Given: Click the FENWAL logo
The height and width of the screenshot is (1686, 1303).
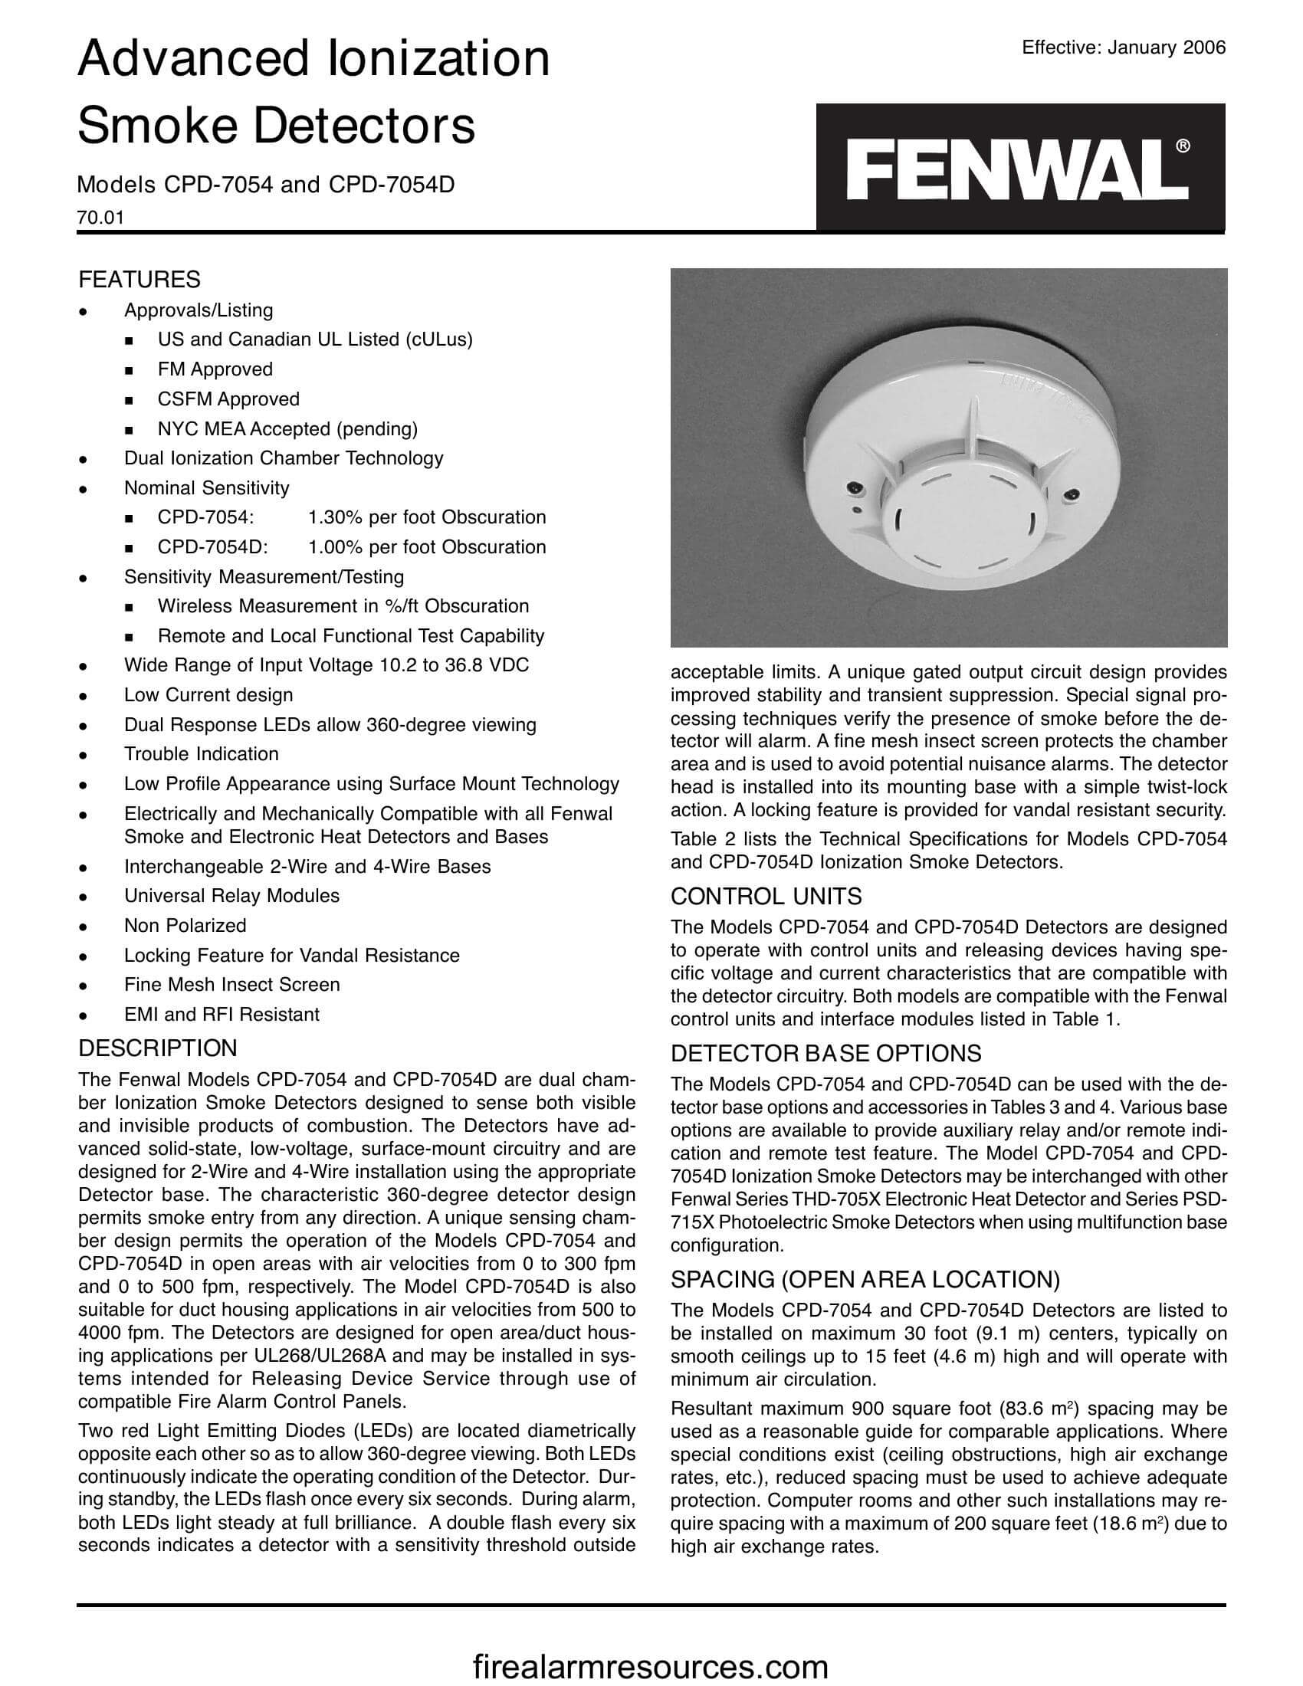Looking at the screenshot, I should tap(1019, 169).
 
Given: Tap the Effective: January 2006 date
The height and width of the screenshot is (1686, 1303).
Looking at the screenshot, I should tap(1123, 48).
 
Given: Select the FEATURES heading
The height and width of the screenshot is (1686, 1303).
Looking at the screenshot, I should tap(139, 279).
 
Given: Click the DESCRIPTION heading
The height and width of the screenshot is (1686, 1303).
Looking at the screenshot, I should tap(157, 1048).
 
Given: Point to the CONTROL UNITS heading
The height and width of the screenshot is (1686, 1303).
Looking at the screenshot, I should tap(766, 897).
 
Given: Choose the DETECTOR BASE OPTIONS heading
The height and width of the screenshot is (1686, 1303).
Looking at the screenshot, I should tap(825, 1053).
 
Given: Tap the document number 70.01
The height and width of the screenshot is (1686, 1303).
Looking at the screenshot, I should tap(100, 218).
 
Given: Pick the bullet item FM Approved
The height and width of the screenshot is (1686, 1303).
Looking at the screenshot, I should tap(215, 370).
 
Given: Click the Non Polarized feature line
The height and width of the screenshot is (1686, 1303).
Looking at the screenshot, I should tap(185, 926).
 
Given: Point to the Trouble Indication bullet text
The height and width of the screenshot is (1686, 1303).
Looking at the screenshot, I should tap(201, 754).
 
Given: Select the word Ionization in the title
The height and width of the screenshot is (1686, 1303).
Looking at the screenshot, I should tap(438, 59).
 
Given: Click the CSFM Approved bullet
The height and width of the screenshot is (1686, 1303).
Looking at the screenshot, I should tap(228, 399).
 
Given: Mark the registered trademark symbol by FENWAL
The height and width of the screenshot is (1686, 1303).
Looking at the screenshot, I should tap(1182, 145).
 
